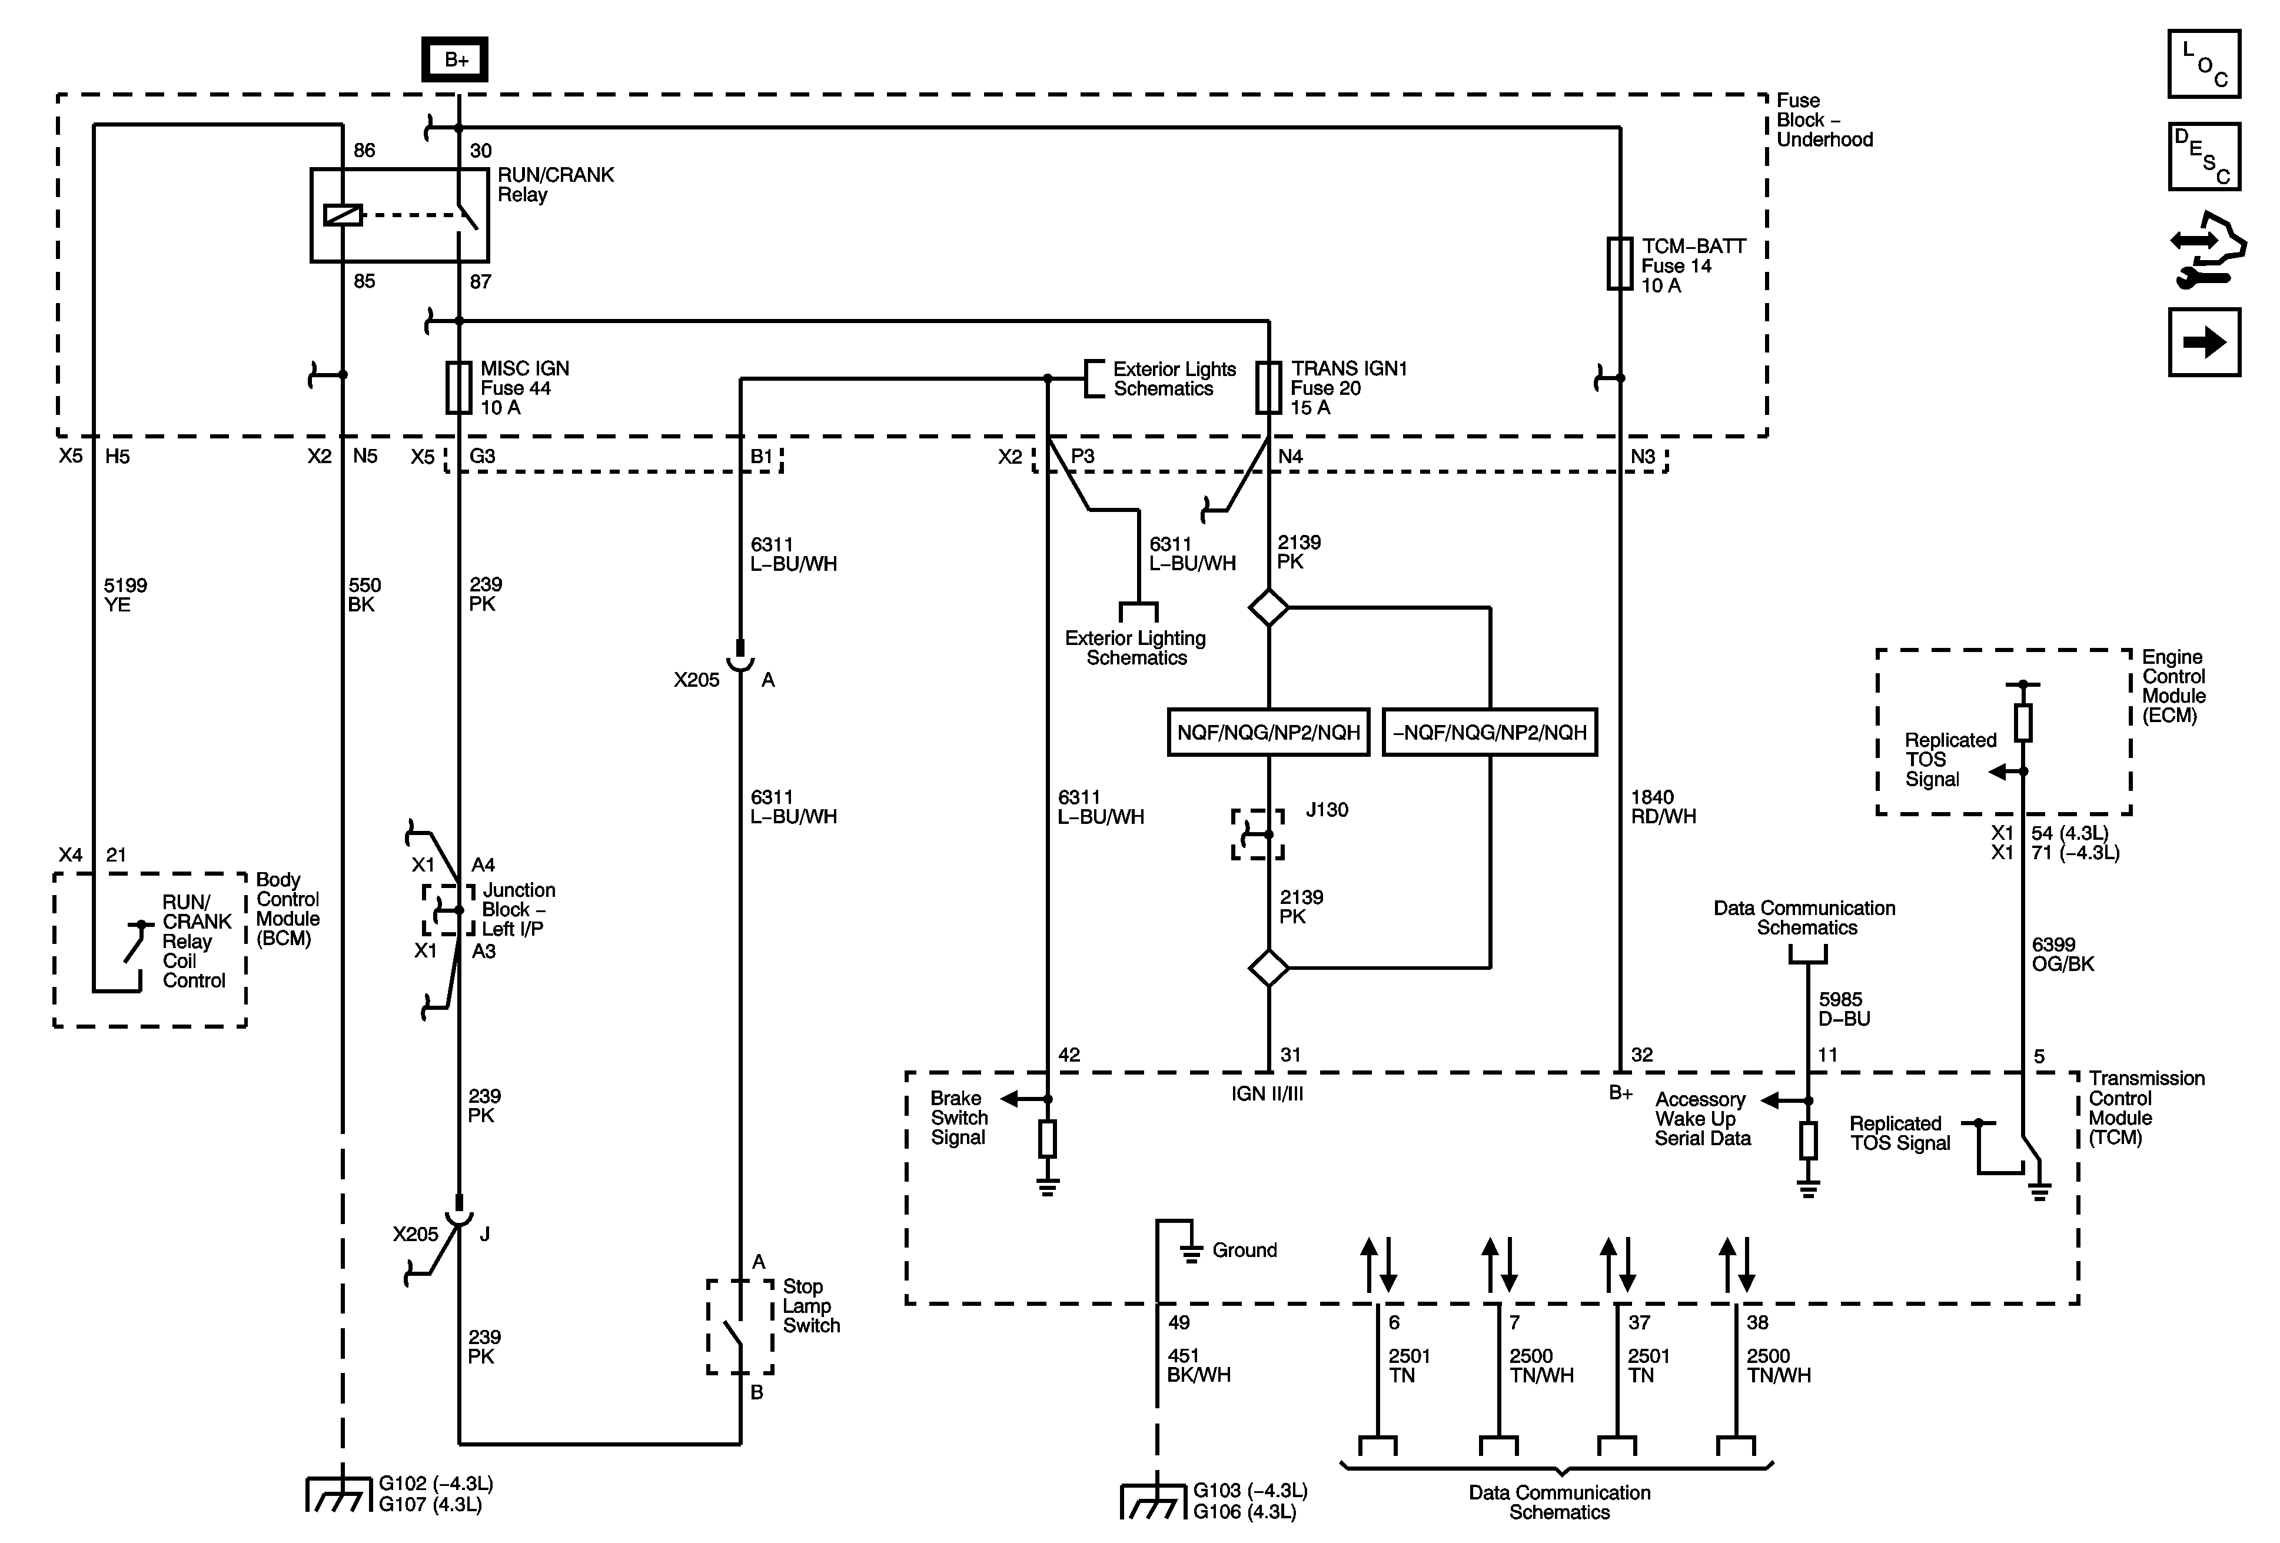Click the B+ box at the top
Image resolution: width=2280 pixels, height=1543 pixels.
[x=455, y=60]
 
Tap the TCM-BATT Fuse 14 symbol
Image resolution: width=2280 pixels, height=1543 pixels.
[x=1618, y=263]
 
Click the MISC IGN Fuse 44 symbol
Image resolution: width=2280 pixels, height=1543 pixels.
[x=458, y=387]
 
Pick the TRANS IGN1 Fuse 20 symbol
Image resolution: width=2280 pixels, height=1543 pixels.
[x=1268, y=387]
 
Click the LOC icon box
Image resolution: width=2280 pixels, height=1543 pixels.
[x=2203, y=64]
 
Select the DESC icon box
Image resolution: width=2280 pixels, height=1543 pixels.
[x=2203, y=156]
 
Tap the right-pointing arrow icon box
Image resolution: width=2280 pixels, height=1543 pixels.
[x=2203, y=342]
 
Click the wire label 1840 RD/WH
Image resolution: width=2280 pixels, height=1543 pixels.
[x=1663, y=806]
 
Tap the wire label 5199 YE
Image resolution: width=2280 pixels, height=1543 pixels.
[x=125, y=594]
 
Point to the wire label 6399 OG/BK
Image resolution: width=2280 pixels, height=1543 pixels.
[x=2062, y=953]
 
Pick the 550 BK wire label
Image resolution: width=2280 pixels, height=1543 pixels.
[x=364, y=594]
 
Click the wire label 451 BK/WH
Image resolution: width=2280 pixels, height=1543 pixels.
[x=1198, y=1365]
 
